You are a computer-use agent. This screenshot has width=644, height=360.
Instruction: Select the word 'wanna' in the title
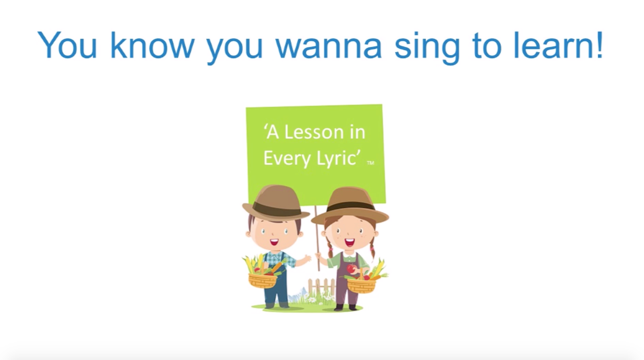[x=329, y=46]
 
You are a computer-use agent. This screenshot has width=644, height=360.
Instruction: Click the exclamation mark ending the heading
[x=599, y=45]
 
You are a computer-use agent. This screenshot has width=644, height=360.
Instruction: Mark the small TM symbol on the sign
[x=370, y=163]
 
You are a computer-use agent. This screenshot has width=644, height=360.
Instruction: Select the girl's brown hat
[x=350, y=204]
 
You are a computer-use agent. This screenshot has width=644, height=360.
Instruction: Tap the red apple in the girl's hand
[x=352, y=269]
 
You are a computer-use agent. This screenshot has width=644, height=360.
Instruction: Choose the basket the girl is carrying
[x=361, y=286]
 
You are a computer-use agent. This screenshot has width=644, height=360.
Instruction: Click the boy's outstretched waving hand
[x=307, y=259]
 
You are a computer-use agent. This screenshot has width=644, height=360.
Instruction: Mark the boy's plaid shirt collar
[x=278, y=254]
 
